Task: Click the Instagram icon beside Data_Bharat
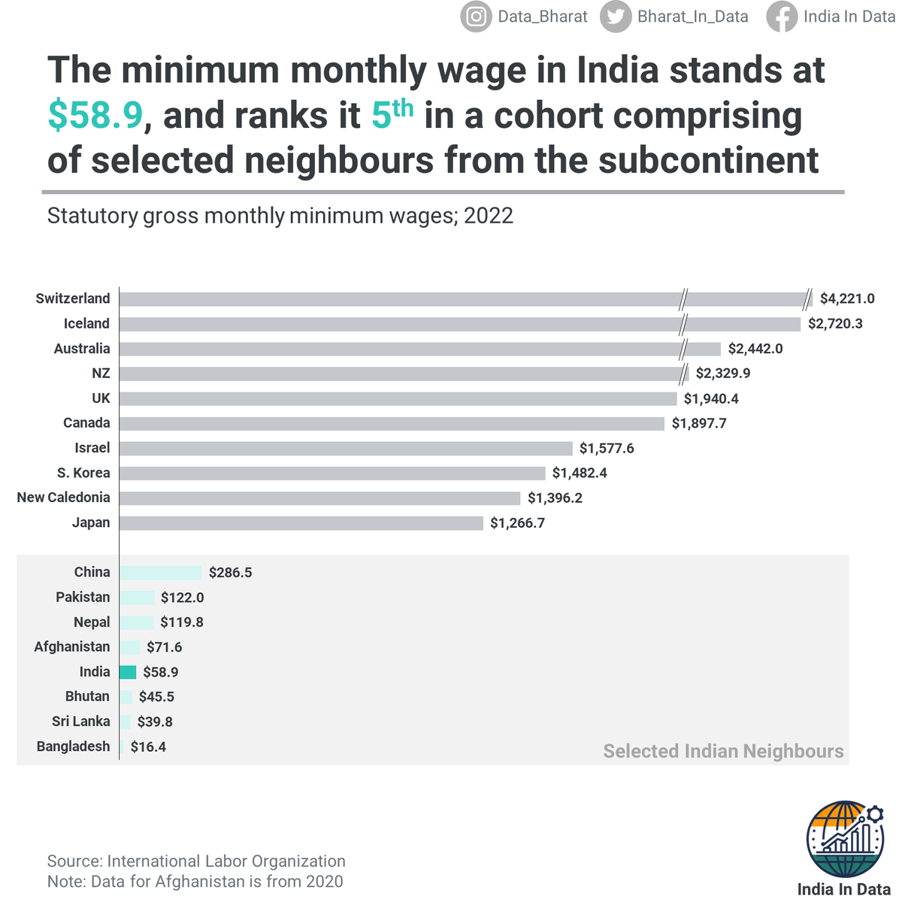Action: pyautogui.click(x=476, y=17)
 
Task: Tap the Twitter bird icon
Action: pyautogui.click(x=615, y=17)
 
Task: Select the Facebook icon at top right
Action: pyautogui.click(x=782, y=17)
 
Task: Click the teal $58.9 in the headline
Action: pyautogui.click(x=95, y=115)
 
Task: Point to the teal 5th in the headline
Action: pyautogui.click(x=392, y=114)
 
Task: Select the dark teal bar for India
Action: pyautogui.click(x=128, y=672)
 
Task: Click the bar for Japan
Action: pyautogui.click(x=301, y=522)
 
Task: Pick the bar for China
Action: pyautogui.click(x=160, y=572)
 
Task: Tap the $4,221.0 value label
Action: pyautogui.click(x=847, y=298)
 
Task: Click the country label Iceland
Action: pyautogui.click(x=86, y=323)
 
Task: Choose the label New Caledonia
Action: pyautogui.click(x=63, y=498)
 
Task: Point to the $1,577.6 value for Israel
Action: pyautogui.click(x=607, y=448)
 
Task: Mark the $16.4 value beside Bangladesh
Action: pyautogui.click(x=148, y=746)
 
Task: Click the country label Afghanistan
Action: pyautogui.click(x=71, y=646)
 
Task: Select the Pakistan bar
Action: pyautogui.click(x=137, y=598)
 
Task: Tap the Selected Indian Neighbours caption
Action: pyautogui.click(x=723, y=751)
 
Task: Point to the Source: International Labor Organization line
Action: pyautogui.click(x=196, y=861)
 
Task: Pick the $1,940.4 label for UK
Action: pyautogui.click(x=711, y=398)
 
